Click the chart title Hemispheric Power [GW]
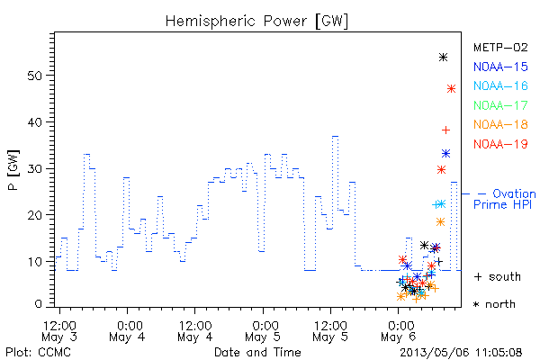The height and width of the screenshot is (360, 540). click(x=256, y=22)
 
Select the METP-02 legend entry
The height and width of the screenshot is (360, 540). click(x=500, y=47)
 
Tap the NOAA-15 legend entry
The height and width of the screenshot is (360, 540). click(x=500, y=67)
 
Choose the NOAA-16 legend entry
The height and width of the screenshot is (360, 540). click(x=500, y=85)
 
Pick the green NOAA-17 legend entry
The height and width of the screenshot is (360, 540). click(x=500, y=105)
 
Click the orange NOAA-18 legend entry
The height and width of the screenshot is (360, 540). click(x=500, y=124)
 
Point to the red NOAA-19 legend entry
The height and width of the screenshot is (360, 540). click(x=500, y=144)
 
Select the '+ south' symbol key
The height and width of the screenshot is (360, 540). click(x=498, y=276)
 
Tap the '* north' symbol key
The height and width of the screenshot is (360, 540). click(x=494, y=304)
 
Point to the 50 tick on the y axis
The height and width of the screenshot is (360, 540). click(x=35, y=76)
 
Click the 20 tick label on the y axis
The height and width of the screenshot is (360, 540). click(x=35, y=215)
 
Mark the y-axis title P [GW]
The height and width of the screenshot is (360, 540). click(x=13, y=170)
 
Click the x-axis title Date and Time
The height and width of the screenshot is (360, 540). click(x=257, y=352)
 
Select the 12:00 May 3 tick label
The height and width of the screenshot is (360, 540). click(x=59, y=331)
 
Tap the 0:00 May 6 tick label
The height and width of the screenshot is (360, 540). click(x=399, y=331)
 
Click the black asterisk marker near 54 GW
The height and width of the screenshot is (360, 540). click(x=443, y=58)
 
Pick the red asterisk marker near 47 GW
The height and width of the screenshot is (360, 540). click(x=451, y=89)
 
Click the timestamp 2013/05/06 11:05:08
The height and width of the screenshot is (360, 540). click(x=461, y=353)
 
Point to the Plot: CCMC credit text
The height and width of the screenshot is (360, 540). click(x=38, y=353)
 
